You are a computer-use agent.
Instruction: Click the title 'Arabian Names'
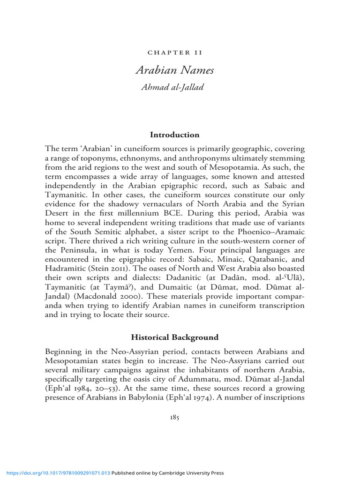point(175,70)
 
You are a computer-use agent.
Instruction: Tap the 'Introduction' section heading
point(175,135)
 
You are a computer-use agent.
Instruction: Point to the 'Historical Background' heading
point(175,337)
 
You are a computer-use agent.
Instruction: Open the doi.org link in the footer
point(56,473)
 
